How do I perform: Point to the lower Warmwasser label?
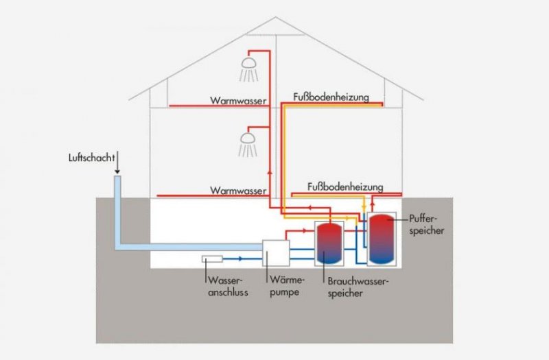[238, 190]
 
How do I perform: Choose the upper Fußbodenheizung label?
[330, 97]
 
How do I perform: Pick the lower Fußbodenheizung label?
[345, 187]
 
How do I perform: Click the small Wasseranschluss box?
[211, 259]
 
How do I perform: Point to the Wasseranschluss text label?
[224, 287]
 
